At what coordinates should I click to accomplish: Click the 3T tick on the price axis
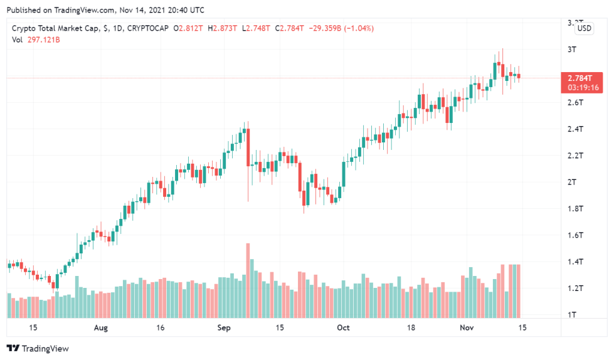point(572,49)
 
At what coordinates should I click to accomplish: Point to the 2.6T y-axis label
point(576,102)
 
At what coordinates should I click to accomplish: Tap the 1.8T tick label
point(576,208)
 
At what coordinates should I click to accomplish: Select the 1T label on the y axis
point(572,314)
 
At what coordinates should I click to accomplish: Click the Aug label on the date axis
point(101,327)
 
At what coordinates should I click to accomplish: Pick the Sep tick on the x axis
point(225,327)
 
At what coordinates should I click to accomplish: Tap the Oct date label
point(342,327)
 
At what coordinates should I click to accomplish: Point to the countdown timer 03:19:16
point(581,88)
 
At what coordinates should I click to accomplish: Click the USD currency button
point(585,28)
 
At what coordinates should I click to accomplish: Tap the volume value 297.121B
point(47,40)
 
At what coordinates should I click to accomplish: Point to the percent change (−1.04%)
point(356,28)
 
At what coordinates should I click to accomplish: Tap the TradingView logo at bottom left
point(38,348)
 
